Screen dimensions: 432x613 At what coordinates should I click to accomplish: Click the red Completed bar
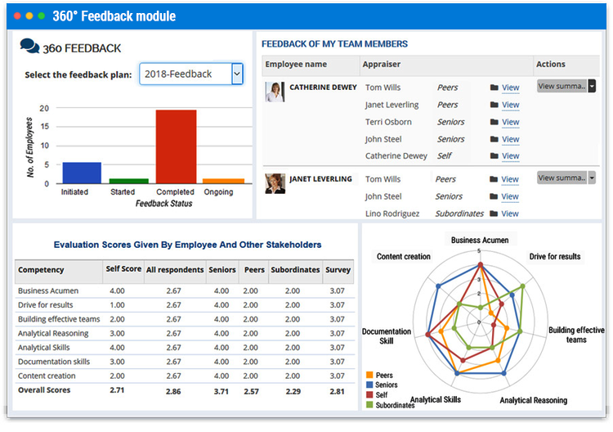(176, 146)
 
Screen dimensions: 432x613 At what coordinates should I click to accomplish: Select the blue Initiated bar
(75, 173)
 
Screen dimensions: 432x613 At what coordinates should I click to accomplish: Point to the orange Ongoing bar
(223, 180)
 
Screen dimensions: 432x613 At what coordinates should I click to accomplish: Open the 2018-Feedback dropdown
(191, 74)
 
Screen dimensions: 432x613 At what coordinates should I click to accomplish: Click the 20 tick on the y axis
(44, 108)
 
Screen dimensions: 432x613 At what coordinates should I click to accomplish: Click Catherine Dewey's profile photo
(275, 92)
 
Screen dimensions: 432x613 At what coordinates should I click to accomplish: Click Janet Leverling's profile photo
(275, 183)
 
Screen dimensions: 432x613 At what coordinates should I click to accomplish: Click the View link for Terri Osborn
(510, 122)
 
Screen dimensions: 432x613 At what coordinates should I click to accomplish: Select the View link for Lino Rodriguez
(510, 214)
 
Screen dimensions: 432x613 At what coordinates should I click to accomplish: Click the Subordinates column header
(295, 269)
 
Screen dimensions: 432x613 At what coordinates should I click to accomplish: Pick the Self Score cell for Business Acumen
(117, 290)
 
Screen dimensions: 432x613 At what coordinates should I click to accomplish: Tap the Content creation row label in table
(47, 376)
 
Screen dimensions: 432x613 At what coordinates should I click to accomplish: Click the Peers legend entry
(383, 376)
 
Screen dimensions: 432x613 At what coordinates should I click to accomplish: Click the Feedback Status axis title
(164, 204)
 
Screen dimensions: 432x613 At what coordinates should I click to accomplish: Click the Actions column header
(550, 64)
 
